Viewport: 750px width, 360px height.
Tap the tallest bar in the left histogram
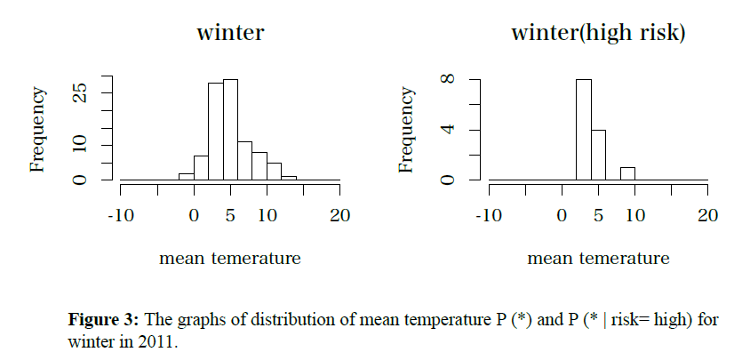[x=230, y=130]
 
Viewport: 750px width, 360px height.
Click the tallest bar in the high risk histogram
[x=583, y=130]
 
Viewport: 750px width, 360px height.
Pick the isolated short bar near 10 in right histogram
[x=627, y=173]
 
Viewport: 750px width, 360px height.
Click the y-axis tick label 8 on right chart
[x=449, y=79]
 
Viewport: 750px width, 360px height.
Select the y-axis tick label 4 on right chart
[x=449, y=130]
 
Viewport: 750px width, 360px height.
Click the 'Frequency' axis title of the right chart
[x=407, y=130]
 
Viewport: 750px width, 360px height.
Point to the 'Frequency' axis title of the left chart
[x=38, y=130]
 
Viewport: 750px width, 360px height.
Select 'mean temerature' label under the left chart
[x=230, y=259]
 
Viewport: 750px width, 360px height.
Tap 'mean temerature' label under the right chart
[x=598, y=259]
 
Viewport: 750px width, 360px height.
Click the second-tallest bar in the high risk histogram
[x=598, y=155]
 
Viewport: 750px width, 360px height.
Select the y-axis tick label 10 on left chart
[x=81, y=145]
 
